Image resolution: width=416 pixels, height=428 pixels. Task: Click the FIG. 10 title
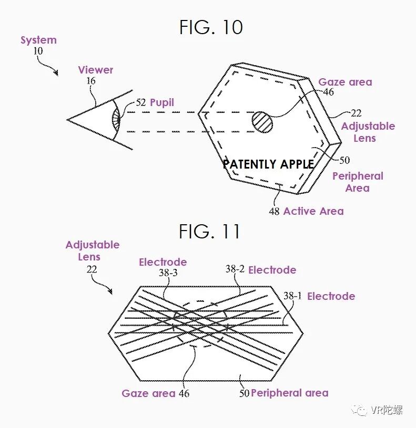tap(211, 27)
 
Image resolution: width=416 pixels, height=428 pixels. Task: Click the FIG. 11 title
tap(210, 231)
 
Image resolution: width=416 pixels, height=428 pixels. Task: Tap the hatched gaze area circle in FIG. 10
tap(262, 122)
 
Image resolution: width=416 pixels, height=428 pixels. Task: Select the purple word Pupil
tap(161, 102)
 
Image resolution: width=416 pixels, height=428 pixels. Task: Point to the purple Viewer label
tap(96, 70)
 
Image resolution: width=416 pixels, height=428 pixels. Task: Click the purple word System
tap(38, 40)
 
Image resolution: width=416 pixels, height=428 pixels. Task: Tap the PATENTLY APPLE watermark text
tap(268, 164)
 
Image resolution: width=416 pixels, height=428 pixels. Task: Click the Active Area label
tap(313, 211)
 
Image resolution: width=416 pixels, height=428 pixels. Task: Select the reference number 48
tap(274, 212)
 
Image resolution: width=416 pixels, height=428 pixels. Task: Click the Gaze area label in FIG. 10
tap(345, 82)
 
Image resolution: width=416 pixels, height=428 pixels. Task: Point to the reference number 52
tap(141, 103)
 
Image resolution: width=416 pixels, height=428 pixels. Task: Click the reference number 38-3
tap(168, 273)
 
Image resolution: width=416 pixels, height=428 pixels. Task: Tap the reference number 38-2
tap(235, 269)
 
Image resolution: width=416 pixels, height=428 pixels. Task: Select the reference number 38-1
tap(292, 296)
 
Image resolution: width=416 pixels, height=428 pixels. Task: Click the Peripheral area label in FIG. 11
tap(289, 393)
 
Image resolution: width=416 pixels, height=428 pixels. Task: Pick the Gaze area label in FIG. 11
tap(148, 393)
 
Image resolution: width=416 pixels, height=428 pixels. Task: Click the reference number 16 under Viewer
tap(91, 81)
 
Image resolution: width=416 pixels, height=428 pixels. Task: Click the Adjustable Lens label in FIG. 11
tap(93, 250)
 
